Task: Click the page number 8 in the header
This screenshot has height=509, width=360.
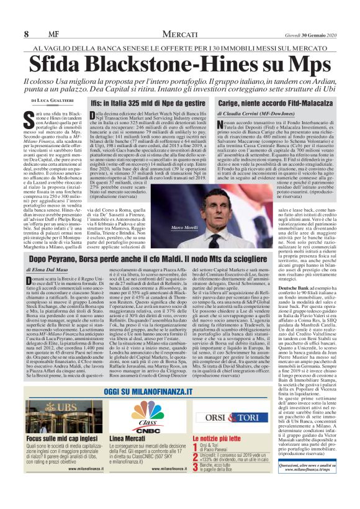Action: point(27,34)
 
